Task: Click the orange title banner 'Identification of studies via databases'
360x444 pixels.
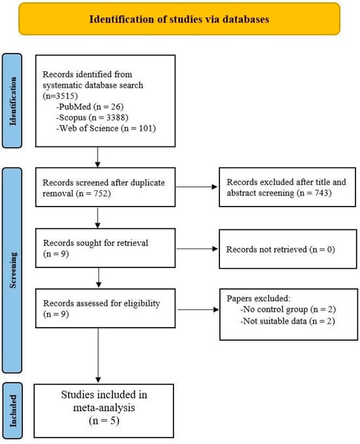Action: click(x=179, y=19)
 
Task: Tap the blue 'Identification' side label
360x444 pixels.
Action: click(x=12, y=101)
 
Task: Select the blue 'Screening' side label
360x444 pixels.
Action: click(x=12, y=270)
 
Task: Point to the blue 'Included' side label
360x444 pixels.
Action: click(x=12, y=411)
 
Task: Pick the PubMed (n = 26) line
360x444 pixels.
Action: click(x=90, y=107)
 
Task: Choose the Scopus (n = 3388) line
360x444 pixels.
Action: click(x=92, y=118)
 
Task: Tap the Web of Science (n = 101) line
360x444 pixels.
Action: click(x=106, y=128)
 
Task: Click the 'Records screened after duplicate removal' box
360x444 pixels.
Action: click(x=105, y=187)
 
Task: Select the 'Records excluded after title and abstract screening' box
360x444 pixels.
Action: click(x=287, y=187)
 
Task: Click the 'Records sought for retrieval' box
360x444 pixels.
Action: click(x=105, y=248)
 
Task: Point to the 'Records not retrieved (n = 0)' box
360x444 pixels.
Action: click(x=288, y=249)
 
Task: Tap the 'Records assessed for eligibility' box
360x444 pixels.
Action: click(x=105, y=309)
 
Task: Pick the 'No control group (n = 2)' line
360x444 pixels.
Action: click(x=288, y=309)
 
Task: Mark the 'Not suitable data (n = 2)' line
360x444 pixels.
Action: click(x=287, y=321)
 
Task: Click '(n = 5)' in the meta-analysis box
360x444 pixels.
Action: click(x=104, y=420)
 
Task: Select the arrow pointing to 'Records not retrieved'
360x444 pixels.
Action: click(x=197, y=249)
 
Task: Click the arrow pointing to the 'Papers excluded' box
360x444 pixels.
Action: click(x=198, y=309)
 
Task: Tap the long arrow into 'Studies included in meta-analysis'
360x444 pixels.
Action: click(x=98, y=355)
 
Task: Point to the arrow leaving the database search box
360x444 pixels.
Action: click(x=98, y=157)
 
